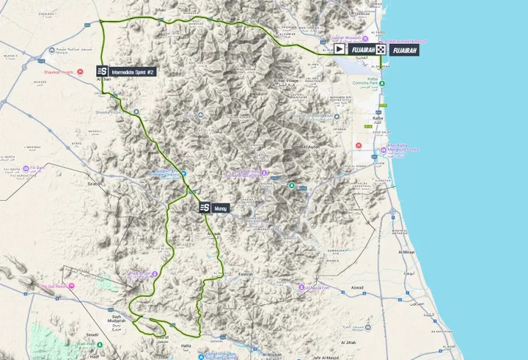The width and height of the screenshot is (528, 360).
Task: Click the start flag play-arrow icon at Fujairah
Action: [340, 49]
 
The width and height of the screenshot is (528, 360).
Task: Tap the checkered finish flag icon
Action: [381, 49]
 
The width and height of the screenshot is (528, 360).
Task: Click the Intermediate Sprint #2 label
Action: [133, 71]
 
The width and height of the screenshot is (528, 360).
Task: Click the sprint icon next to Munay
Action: [205, 208]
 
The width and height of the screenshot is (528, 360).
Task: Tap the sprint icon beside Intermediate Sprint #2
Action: [103, 71]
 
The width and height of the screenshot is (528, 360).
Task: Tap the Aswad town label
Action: [357, 287]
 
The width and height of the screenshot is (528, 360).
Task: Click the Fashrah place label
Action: [245, 274]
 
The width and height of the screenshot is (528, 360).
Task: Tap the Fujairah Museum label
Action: [345, 37]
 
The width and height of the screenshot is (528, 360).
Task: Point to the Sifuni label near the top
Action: [160, 10]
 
